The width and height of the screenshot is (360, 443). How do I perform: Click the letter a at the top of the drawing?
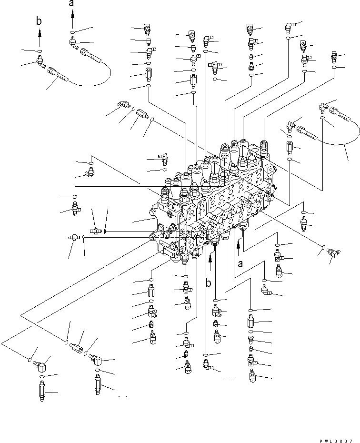tap(72, 4)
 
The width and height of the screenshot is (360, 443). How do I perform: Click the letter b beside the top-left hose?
tap(40, 21)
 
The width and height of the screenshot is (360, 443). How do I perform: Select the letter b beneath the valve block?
tap(208, 283)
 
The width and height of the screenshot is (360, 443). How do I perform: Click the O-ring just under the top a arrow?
tap(71, 32)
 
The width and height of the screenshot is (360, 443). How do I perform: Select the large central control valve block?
tap(214, 200)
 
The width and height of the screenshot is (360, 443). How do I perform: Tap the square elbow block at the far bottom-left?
tap(40, 364)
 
